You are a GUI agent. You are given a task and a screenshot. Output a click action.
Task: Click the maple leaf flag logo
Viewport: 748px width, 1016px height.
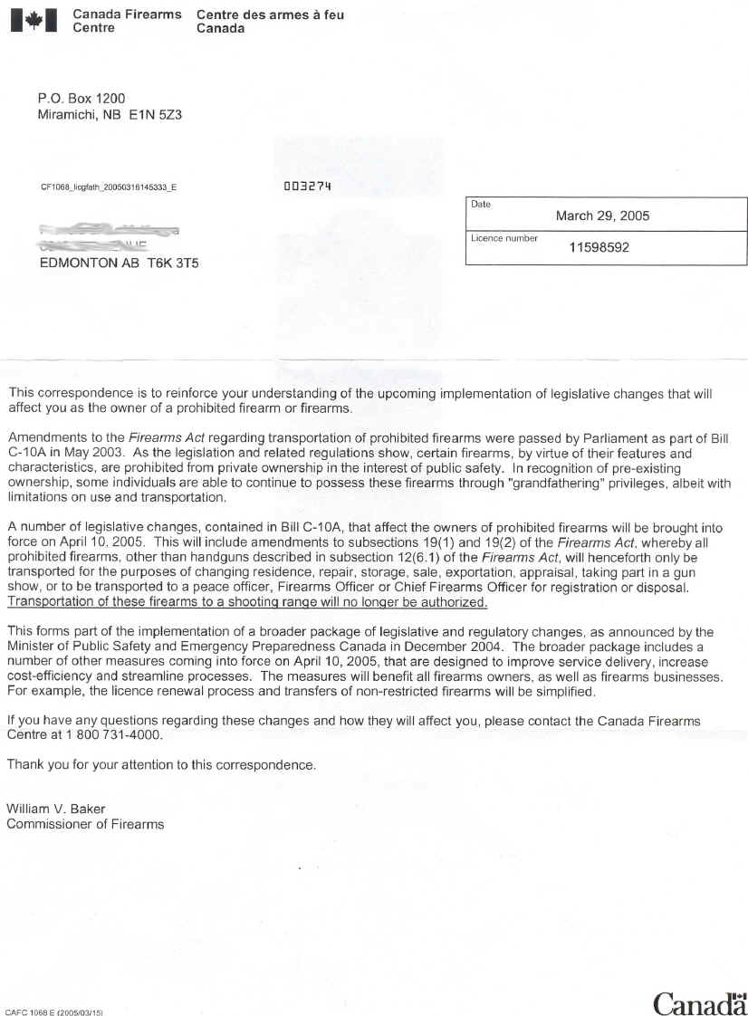click(34, 20)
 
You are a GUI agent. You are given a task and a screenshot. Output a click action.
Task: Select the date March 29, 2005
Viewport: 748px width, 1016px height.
click(602, 216)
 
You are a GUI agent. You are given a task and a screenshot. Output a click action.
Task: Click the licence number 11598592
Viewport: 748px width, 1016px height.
click(599, 246)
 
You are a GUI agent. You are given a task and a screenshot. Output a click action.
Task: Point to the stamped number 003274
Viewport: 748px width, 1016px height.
click(309, 186)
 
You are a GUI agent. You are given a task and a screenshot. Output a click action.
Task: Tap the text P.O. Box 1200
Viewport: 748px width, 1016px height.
click(82, 98)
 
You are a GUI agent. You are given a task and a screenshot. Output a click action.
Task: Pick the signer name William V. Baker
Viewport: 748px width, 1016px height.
click(56, 808)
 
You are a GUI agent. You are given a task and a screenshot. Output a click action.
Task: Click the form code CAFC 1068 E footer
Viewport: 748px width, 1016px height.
click(53, 1011)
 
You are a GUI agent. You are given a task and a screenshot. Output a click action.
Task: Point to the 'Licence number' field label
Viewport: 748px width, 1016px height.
click(503, 238)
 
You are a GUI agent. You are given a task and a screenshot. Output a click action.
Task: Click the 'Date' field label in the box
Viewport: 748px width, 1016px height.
click(481, 205)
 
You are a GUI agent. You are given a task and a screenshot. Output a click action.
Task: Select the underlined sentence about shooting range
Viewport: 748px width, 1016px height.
click(247, 602)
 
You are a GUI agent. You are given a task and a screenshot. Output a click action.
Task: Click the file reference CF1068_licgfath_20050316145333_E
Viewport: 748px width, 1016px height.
click(109, 187)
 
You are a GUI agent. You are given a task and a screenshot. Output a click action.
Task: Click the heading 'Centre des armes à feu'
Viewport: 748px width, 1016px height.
click(270, 15)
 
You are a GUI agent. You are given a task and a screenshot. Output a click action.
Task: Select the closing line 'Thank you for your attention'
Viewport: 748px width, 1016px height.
click(161, 764)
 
